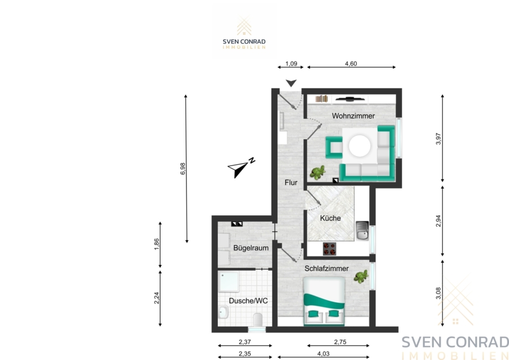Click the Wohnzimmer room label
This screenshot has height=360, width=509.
pyautogui.click(x=353, y=116)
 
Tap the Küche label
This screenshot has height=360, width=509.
pyautogui.click(x=330, y=218)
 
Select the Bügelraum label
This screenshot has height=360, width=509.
pyautogui.click(x=251, y=248)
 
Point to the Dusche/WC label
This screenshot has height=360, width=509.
pyautogui.click(x=248, y=301)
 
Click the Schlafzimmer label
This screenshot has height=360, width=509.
pyautogui.click(x=326, y=269)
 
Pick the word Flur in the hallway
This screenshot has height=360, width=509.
pyautogui.click(x=291, y=183)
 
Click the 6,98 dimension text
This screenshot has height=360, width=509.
pyautogui.click(x=183, y=169)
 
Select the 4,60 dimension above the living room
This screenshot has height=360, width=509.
pyautogui.click(x=351, y=64)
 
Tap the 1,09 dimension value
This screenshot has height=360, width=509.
pyautogui.click(x=291, y=64)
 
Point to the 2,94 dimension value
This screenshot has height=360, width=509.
pyautogui.click(x=438, y=221)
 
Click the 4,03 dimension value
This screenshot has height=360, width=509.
pyautogui.click(x=323, y=354)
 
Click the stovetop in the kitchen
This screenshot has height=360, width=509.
pyautogui.click(x=329, y=249)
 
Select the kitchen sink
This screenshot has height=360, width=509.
pyautogui.click(x=363, y=231)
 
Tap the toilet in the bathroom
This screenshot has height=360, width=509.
pyautogui.click(x=258, y=320)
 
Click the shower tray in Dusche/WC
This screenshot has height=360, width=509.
pyautogui.click(x=228, y=282)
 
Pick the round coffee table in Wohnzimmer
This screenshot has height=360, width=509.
pyautogui.click(x=360, y=146)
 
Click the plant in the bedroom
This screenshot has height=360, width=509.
pyautogui.click(x=361, y=276)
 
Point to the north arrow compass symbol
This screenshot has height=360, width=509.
pyautogui.click(x=241, y=168)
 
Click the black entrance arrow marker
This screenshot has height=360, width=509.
pyautogui.click(x=291, y=83)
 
